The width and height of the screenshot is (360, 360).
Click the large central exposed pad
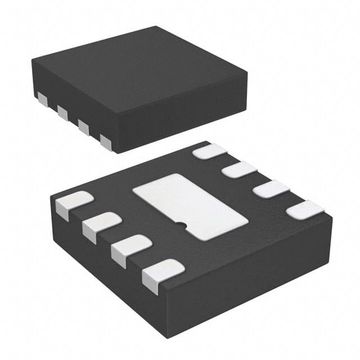pyautogui.click(x=190, y=206)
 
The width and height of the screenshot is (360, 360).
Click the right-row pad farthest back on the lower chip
pyautogui.click(x=209, y=150)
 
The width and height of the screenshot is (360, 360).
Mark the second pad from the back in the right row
pyautogui.click(x=239, y=169)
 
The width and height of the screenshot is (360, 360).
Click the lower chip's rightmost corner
pyautogui.click(x=332, y=215)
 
